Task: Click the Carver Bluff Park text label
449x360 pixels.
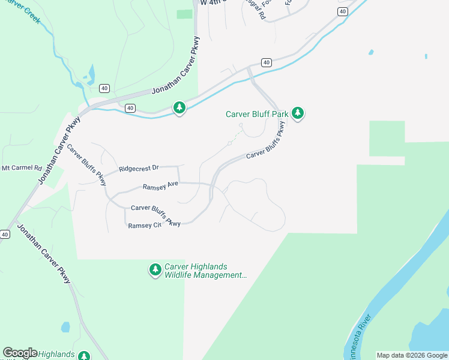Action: tap(258, 113)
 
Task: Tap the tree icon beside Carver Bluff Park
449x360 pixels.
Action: tap(298, 112)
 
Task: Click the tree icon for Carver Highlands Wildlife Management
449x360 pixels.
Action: tap(155, 270)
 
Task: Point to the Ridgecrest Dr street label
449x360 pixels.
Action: tap(139, 169)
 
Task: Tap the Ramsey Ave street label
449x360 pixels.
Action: tap(160, 187)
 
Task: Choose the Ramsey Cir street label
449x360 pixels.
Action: tap(145, 226)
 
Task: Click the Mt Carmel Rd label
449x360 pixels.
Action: tap(22, 168)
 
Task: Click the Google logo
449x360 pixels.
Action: tap(20, 353)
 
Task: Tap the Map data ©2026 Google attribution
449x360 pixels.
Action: tap(412, 355)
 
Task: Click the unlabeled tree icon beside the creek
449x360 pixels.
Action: tap(179, 107)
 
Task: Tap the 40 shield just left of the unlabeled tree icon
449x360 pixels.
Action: tap(130, 108)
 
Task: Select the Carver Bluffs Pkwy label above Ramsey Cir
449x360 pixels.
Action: tap(155, 215)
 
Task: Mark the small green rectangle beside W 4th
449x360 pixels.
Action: tap(184, 14)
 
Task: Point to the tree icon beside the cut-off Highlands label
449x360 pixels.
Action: tap(83, 356)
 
